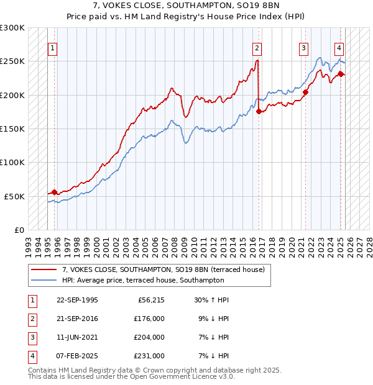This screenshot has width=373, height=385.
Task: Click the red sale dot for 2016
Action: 259,112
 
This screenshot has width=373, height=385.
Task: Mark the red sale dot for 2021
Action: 306,93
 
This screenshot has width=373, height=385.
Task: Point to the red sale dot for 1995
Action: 55,192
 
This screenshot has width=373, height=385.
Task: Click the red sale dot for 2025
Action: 341,75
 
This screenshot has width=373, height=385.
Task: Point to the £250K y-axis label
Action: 12,61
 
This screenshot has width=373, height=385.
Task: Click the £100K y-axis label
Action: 12,162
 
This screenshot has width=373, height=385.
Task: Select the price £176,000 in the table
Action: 148,319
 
